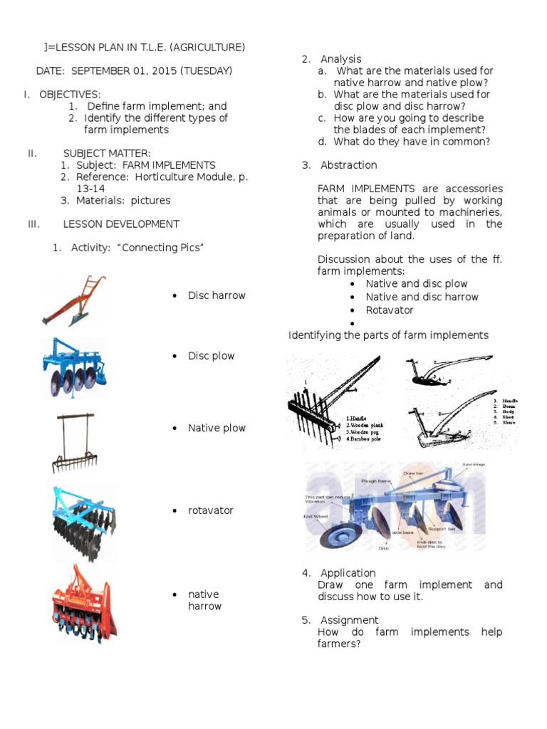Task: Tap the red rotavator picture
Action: (x=83, y=604)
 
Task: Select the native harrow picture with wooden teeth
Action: (x=74, y=443)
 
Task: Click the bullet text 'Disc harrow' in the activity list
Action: (x=217, y=295)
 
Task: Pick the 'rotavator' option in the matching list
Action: (x=211, y=510)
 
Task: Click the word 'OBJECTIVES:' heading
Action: (x=70, y=95)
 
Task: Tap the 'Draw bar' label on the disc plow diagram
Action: (x=414, y=473)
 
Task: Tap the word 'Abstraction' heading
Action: (x=348, y=165)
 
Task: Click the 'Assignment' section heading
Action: (x=349, y=620)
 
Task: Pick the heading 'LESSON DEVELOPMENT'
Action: (x=121, y=224)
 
